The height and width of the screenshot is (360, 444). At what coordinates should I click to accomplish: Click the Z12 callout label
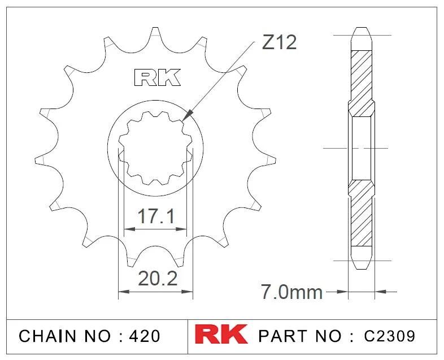point(279,42)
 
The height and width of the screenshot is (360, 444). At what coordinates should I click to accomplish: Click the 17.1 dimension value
point(156,216)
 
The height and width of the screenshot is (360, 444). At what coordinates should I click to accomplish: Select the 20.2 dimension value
point(158,279)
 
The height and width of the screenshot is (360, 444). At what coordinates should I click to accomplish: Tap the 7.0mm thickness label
point(291,292)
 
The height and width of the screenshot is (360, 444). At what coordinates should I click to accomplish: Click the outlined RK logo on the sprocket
point(157,77)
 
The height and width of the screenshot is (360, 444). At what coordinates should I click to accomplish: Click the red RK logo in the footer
point(221,334)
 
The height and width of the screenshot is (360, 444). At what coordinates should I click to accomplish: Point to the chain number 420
point(145,336)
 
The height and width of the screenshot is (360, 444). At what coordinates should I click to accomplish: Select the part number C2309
point(390,336)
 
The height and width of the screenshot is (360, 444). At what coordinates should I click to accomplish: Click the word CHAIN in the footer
point(47,336)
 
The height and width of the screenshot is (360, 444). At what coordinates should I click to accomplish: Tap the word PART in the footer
point(282,336)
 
